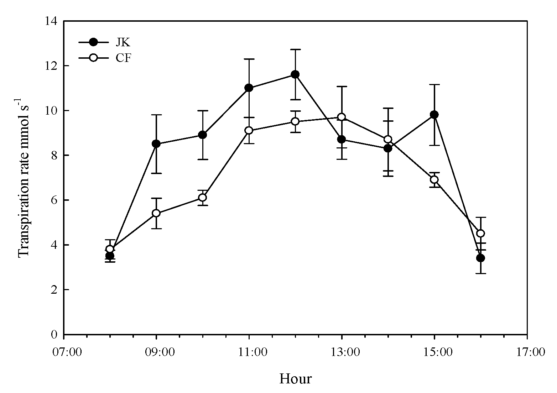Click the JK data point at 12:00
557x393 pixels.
tap(295, 74)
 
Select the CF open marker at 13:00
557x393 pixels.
tap(342, 117)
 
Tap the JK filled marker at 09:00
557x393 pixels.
tap(156, 144)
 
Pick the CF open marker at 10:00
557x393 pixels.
tap(202, 197)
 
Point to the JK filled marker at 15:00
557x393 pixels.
tap(434, 115)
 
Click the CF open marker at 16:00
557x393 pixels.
tap(480, 233)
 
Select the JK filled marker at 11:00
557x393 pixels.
tap(249, 88)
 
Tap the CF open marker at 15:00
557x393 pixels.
tap(434, 179)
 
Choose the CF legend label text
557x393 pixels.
tap(124, 58)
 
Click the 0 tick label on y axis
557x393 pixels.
tap(54, 335)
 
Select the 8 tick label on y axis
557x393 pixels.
tap(54, 156)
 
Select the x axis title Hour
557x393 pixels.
tap(295, 378)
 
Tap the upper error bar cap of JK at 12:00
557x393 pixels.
tap(295, 49)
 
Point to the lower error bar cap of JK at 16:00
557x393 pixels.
tap(480, 273)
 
